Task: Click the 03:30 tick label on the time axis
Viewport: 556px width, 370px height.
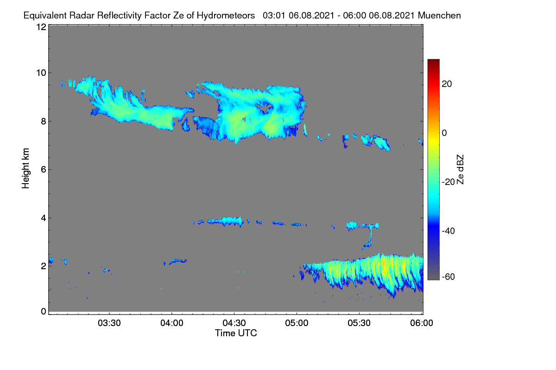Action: click(109, 323)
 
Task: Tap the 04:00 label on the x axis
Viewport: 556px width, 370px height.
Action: click(172, 323)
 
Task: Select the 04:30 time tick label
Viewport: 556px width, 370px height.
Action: click(234, 323)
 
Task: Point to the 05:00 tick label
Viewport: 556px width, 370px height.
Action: click(297, 323)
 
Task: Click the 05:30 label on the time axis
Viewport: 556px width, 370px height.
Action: click(359, 323)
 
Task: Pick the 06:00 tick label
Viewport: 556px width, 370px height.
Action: click(422, 323)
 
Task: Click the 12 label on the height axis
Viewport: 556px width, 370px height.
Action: click(41, 27)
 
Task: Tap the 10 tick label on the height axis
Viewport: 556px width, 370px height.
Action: click(41, 73)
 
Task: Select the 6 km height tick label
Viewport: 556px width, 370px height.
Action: click(44, 170)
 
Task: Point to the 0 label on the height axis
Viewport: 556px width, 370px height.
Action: click(44, 311)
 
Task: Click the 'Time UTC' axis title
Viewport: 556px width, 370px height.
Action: click(236, 333)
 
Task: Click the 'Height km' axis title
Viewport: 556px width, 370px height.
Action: click(25, 168)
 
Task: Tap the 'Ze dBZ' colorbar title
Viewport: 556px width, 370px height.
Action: click(460, 170)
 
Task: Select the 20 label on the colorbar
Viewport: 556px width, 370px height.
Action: click(447, 84)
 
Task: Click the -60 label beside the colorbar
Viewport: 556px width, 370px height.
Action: click(449, 277)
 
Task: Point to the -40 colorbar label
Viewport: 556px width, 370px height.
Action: click(449, 231)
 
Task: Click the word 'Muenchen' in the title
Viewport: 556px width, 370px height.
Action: click(439, 16)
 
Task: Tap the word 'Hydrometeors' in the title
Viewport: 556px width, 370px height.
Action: click(226, 16)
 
